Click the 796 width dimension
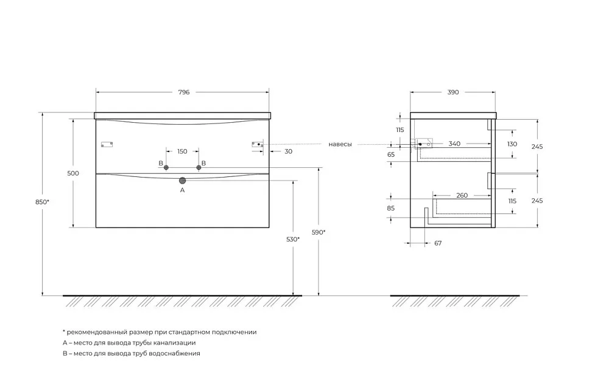click(x=184, y=92)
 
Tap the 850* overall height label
click(x=43, y=202)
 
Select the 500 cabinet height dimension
click(x=73, y=173)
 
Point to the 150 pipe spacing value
click(x=182, y=151)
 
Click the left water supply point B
click(x=166, y=168)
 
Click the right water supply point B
click(x=199, y=168)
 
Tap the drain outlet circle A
click(x=183, y=181)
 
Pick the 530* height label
click(x=293, y=240)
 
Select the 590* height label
click(x=319, y=232)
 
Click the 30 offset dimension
click(x=288, y=151)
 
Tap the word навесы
click(x=340, y=144)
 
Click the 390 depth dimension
click(x=453, y=92)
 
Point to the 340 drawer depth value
click(x=454, y=144)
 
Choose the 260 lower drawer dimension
click(x=462, y=195)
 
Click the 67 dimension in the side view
click(x=438, y=243)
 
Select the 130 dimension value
click(x=512, y=144)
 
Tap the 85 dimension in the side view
click(x=391, y=209)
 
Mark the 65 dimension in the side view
click(x=391, y=154)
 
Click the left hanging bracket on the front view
click(x=107, y=145)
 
